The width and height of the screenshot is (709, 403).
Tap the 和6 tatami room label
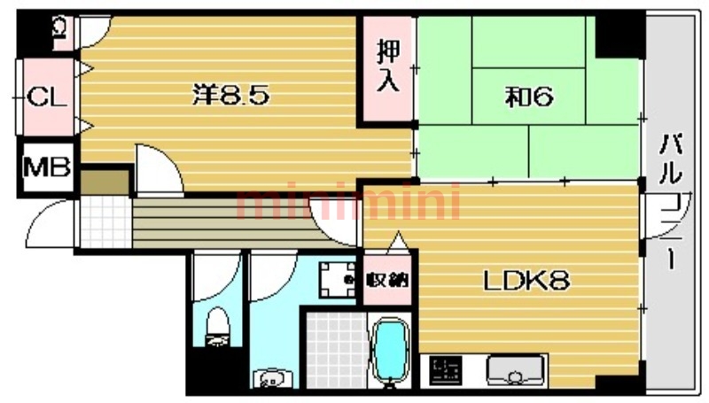(x=530, y=97)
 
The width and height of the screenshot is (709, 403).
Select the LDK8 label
(x=526, y=282)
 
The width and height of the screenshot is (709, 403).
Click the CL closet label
(x=46, y=96)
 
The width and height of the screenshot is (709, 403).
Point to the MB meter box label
(x=46, y=166)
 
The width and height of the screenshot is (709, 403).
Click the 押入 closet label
(x=387, y=66)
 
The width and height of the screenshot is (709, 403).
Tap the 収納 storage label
(x=387, y=281)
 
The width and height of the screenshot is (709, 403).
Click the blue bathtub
(x=388, y=351)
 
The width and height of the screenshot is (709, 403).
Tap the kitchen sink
(x=513, y=371)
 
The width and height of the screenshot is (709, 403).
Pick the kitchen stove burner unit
(x=446, y=370)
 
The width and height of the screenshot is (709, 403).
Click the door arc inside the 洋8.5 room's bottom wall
(x=158, y=168)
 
